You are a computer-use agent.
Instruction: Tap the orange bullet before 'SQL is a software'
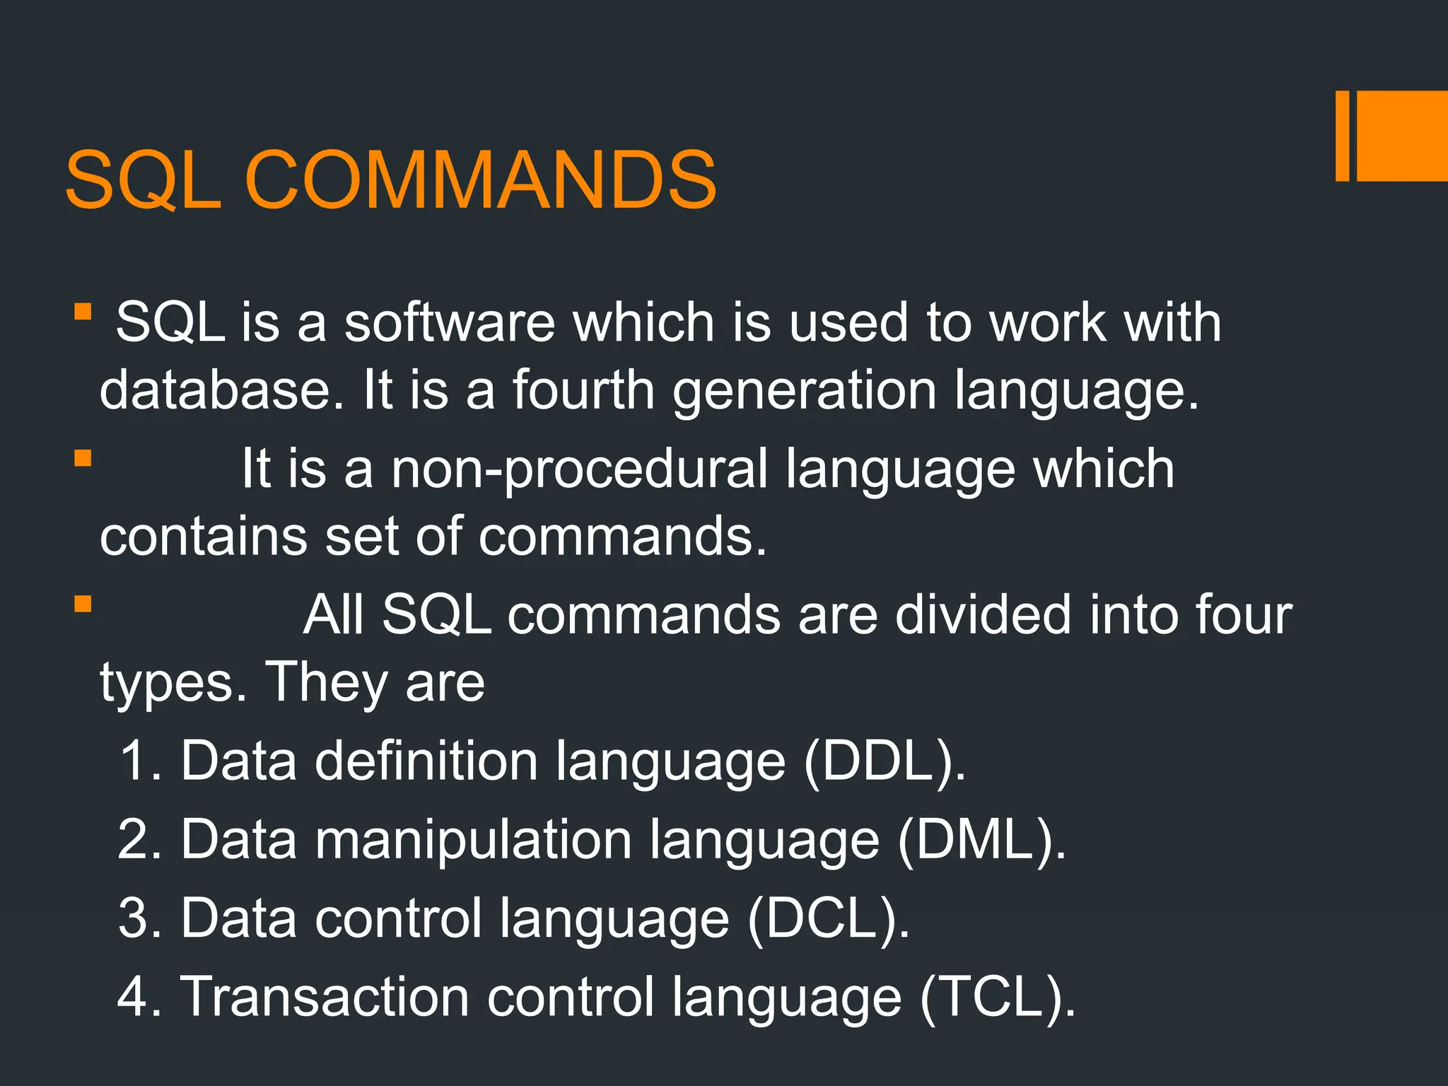pyautogui.click(x=83, y=312)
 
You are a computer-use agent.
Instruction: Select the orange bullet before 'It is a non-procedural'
pyautogui.click(x=83, y=459)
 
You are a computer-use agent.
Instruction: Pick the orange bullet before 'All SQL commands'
pyautogui.click(x=83, y=605)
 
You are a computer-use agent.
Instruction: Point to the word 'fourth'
pyautogui.click(x=583, y=390)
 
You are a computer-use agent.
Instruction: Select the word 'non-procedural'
pyautogui.click(x=579, y=469)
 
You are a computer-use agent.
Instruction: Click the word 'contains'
pyautogui.click(x=204, y=536)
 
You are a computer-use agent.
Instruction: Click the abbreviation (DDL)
pyautogui.click(x=884, y=762)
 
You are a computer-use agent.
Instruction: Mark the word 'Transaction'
pyautogui.click(x=325, y=997)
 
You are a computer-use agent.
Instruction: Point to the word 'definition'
pyautogui.click(x=426, y=761)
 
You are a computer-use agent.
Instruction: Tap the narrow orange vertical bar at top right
pyautogui.click(x=1342, y=136)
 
